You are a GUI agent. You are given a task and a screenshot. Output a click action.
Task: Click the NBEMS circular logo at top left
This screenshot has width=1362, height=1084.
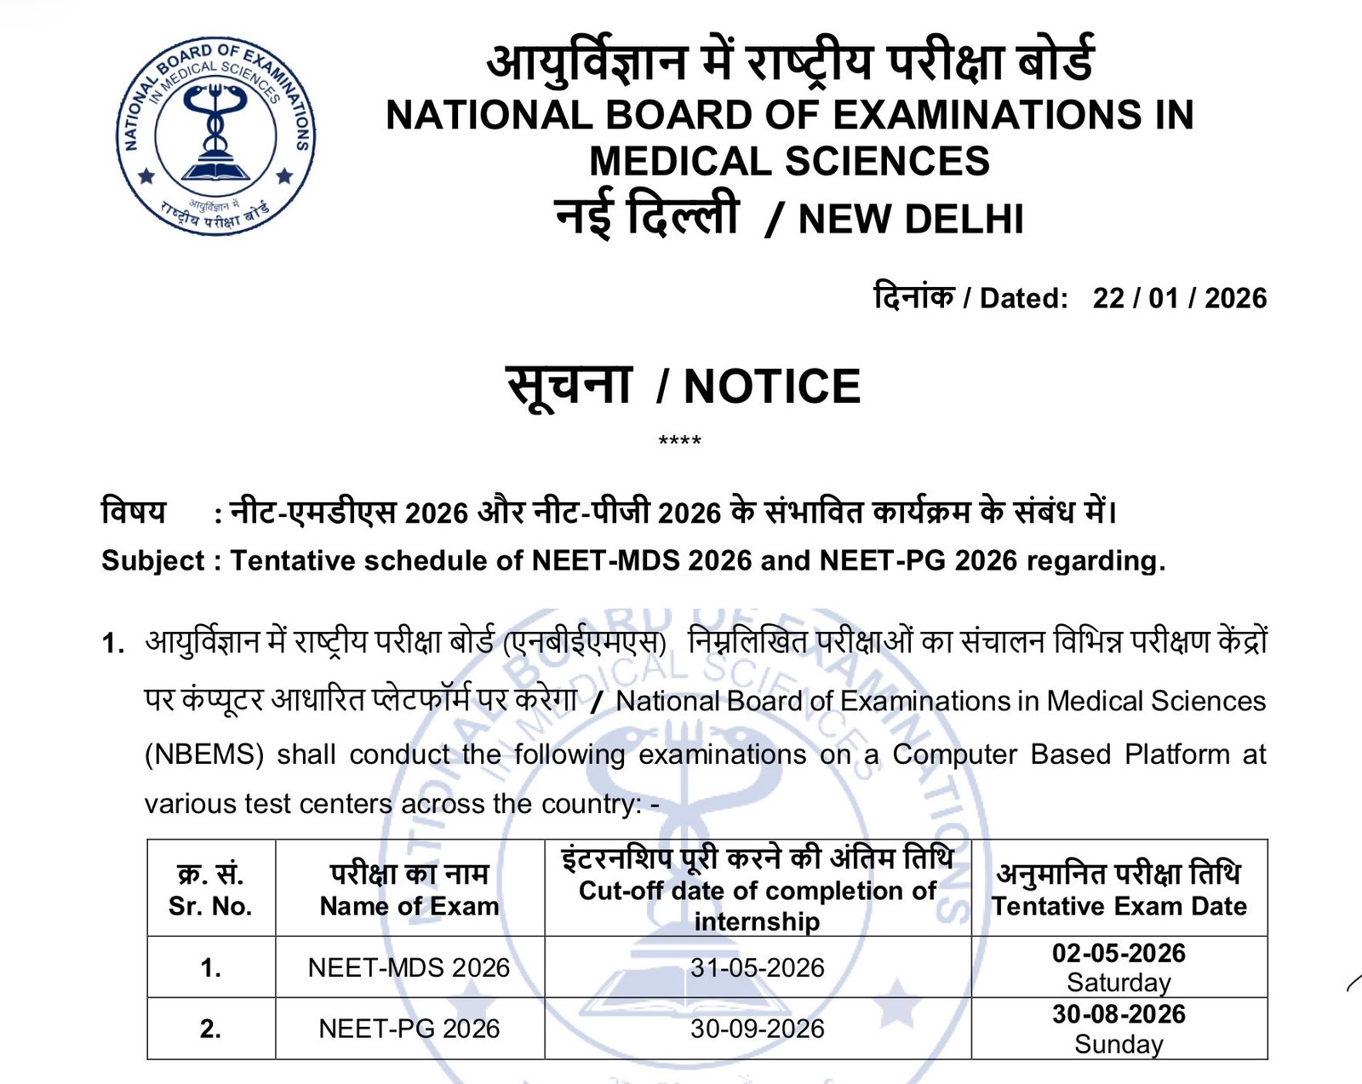point(215,136)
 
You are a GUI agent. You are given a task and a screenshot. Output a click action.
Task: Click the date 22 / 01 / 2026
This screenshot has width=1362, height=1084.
point(1179,298)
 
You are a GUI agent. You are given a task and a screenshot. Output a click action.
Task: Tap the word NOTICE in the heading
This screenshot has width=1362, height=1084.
point(771,387)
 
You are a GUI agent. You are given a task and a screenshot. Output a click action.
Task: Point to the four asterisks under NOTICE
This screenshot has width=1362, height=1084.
point(679,441)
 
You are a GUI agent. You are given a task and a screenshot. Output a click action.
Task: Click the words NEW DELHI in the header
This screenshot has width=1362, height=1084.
point(911,219)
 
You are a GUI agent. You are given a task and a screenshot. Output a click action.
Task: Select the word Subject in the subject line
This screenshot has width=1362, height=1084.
point(153,560)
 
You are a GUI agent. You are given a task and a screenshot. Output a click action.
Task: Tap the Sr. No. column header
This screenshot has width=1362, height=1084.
point(210,906)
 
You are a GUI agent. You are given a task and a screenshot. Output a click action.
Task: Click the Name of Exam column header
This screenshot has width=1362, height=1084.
point(409,906)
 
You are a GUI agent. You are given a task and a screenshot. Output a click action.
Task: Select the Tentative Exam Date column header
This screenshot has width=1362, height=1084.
point(1119,906)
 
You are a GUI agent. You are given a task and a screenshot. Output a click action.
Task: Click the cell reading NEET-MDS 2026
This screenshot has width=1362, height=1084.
point(409,967)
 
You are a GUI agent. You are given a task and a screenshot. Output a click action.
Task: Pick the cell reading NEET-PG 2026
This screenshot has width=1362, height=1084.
point(409,1029)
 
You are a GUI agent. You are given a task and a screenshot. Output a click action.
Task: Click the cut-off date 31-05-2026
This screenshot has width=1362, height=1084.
point(757,967)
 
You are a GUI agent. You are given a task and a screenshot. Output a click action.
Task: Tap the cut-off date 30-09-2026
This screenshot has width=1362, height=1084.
point(757,1029)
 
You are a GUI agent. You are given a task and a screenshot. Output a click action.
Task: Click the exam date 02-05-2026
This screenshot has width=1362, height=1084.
point(1119,953)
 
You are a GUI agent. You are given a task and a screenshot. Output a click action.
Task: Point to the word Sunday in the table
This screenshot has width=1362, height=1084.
point(1119,1044)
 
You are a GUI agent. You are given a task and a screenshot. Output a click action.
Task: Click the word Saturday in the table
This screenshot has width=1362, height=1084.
point(1119,983)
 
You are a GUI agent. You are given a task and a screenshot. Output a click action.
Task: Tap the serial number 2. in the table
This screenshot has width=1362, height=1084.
point(210,1029)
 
